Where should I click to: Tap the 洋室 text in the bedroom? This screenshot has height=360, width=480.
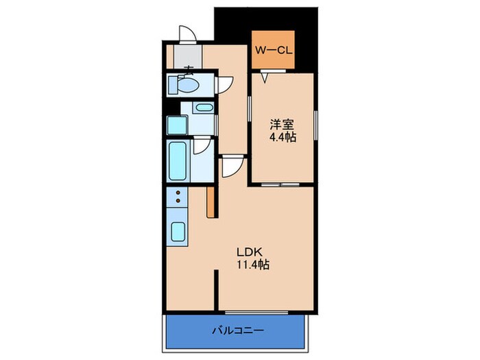pyautogui.click(x=281, y=125)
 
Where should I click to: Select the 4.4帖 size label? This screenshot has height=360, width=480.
pyautogui.click(x=281, y=137)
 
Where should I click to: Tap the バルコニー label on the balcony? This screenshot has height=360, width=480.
pyautogui.click(x=235, y=330)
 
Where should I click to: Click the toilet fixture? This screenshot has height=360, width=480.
pyautogui.click(x=184, y=85)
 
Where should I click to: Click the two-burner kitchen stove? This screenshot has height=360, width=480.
pyautogui.click(x=178, y=199)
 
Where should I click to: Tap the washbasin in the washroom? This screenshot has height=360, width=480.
pyautogui.click(x=202, y=108)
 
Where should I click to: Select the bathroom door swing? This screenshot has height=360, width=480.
pyautogui.click(x=200, y=145)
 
